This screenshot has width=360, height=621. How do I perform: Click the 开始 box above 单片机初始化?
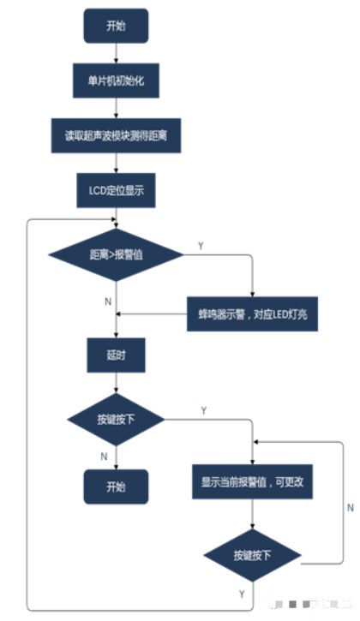[115, 26]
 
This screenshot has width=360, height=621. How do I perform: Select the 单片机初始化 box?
[115, 81]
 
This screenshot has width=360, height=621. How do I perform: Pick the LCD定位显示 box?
[115, 190]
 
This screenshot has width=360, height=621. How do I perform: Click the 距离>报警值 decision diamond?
[115, 254]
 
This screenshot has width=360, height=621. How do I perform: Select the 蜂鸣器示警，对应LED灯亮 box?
[252, 314]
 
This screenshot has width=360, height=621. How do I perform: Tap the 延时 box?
[115, 355]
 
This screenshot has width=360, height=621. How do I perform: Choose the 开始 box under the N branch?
[115, 486]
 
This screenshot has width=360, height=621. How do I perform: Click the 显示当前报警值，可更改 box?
[253, 482]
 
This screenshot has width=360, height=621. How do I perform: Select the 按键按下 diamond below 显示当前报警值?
[253, 555]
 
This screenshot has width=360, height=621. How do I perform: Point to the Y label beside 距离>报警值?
[201, 245]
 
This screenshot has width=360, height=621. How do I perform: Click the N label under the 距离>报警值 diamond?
[106, 302]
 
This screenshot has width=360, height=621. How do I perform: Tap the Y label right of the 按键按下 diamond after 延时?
[203, 410]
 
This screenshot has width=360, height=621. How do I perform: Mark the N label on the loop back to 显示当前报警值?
[350, 507]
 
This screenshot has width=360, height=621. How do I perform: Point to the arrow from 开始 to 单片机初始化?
[115, 53]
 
